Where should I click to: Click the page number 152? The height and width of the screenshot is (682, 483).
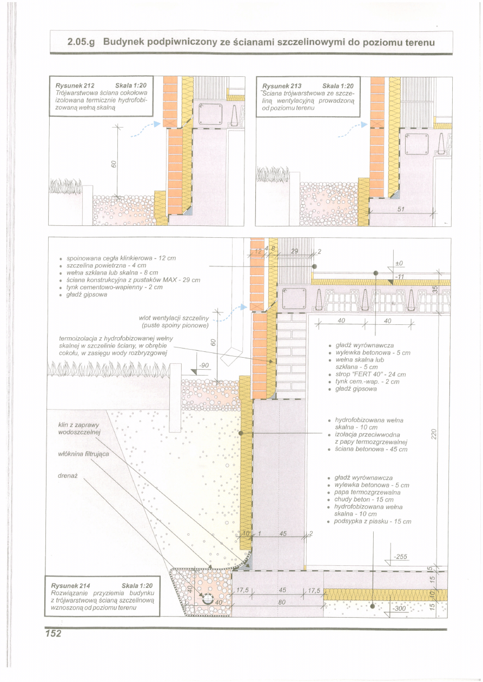coord(54,633)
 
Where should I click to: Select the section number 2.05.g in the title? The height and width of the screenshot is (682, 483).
coord(81,42)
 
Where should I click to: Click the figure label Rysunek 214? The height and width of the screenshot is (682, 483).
coord(70,585)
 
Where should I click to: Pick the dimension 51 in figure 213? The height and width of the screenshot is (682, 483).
coord(401,209)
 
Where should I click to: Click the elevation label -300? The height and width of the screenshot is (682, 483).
coord(400,609)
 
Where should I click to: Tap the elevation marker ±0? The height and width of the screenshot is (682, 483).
coord(399,263)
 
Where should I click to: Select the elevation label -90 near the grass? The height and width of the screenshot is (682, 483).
coord(203,365)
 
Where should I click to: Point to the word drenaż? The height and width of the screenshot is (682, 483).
coord(68,475)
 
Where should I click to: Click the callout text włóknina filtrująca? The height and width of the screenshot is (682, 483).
coord(83,453)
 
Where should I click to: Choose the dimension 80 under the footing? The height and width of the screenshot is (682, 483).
coord(282,602)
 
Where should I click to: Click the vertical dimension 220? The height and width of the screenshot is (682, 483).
coord(434,434)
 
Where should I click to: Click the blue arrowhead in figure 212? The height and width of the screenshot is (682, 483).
coord(157,124)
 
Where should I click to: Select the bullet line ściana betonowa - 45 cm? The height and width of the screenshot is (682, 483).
coord(371,449)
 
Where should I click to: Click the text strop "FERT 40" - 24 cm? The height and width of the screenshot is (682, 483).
coord(371,374)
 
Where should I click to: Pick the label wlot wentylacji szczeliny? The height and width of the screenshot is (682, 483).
coord(174,318)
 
